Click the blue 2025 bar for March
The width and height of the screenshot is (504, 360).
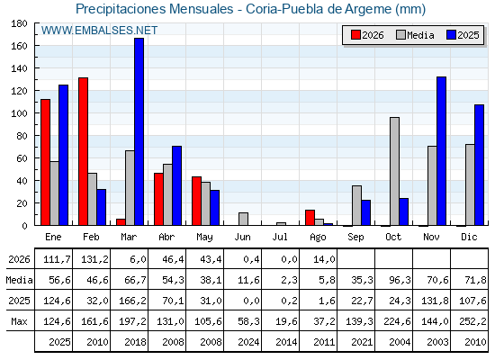point(139,131)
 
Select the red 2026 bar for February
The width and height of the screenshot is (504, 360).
point(83,151)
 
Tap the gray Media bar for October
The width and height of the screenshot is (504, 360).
point(394,171)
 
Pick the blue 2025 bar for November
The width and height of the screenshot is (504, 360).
point(441,151)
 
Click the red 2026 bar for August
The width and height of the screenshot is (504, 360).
point(310,218)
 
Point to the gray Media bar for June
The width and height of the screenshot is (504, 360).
point(243,219)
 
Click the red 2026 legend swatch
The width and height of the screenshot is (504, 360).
point(355,35)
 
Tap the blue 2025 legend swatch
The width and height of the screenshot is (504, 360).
point(451,35)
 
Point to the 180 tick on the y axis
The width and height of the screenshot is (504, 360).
point(36,23)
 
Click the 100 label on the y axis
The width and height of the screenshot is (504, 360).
point(19,113)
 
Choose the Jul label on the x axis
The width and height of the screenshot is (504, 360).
point(280,237)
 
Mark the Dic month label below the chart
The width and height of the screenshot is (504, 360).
point(469,237)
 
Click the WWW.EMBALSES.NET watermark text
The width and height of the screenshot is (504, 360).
point(99,31)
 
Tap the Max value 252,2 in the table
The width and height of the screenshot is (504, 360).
point(472,321)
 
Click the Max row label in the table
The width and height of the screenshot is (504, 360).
point(19,321)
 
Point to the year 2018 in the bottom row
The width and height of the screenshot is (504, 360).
point(135,342)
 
